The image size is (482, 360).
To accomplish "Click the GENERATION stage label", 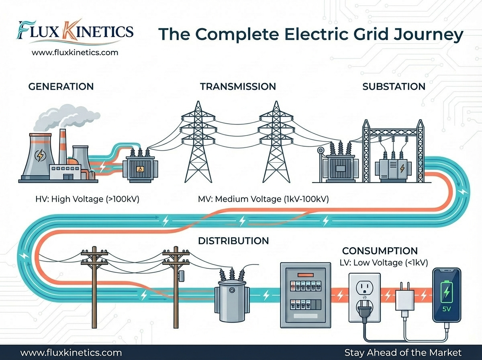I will pyautogui.click(x=61, y=86).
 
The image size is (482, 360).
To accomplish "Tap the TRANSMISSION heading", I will pyautogui.click(x=238, y=86).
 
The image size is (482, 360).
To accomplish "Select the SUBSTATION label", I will pyautogui.click(x=394, y=86).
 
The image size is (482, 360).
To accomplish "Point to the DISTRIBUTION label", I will pyautogui.click(x=233, y=241).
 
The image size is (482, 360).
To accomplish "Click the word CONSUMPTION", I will pyautogui.click(x=380, y=251).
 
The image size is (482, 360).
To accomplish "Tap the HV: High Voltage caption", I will pyautogui.click(x=88, y=198).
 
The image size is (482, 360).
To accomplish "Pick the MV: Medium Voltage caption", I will pyautogui.click(x=263, y=198).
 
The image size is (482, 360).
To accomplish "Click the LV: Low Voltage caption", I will pyautogui.click(x=384, y=262).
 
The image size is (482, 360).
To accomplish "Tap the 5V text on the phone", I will pyautogui.click(x=447, y=310).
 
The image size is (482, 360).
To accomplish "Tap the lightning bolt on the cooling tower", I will pyautogui.click(x=41, y=154).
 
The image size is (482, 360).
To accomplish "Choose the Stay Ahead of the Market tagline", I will pyautogui.click(x=403, y=352).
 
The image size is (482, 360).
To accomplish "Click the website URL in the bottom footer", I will pyautogui.click(x=71, y=352).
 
